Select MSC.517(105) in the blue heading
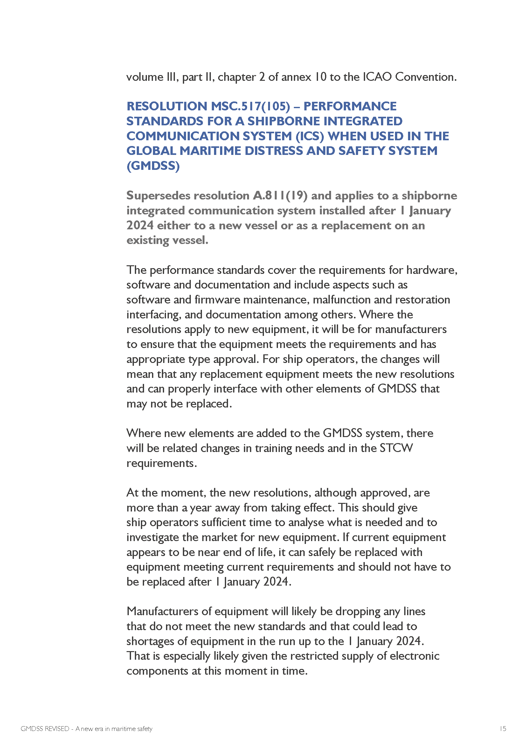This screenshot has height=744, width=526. click(x=250, y=106)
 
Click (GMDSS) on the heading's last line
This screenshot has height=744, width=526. click(x=153, y=166)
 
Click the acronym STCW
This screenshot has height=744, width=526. click(x=397, y=448)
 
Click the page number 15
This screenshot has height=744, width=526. click(x=503, y=729)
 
